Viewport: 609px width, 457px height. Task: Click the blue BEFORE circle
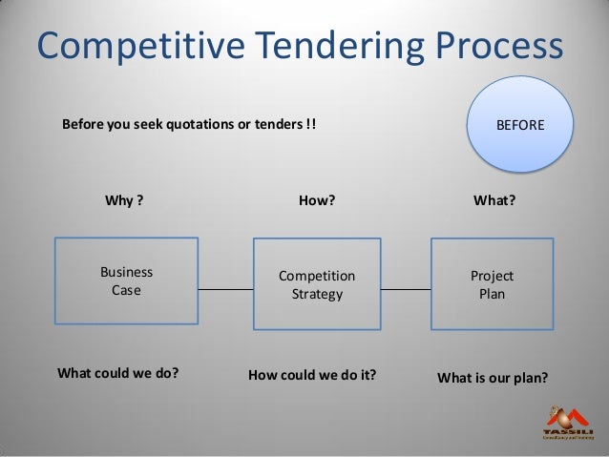pyautogui.click(x=521, y=124)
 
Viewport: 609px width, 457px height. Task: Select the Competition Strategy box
pyautogui.click(x=316, y=285)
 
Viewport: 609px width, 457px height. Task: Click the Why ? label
pyautogui.click(x=123, y=201)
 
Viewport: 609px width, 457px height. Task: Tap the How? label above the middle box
pyautogui.click(x=317, y=201)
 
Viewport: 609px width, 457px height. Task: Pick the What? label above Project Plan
pyautogui.click(x=495, y=201)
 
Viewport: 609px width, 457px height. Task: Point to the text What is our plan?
pyautogui.click(x=492, y=376)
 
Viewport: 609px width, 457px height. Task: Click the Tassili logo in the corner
pyautogui.click(x=569, y=421)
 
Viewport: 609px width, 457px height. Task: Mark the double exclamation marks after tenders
pyautogui.click(x=312, y=124)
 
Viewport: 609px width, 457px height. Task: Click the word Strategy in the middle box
pyautogui.click(x=316, y=295)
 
